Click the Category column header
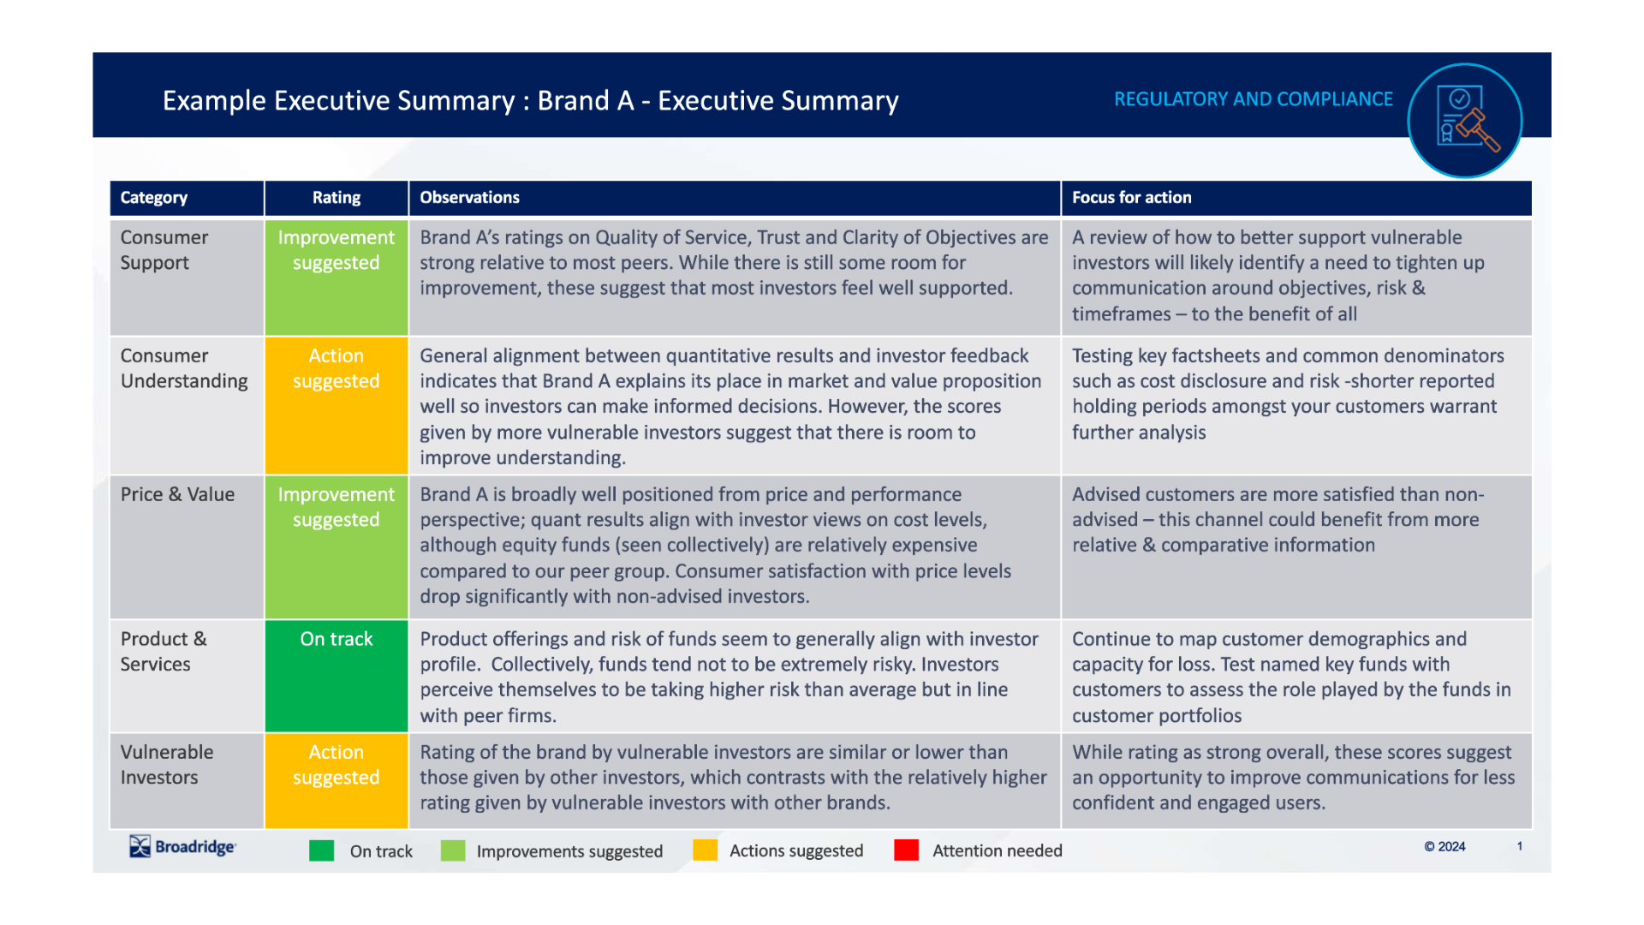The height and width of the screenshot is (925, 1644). point(154,198)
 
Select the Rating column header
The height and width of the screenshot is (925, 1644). point(337,198)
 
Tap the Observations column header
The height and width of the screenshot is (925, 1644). point(469,198)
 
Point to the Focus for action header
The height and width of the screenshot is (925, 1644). point(1131,198)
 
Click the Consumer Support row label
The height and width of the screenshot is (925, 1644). point(164,250)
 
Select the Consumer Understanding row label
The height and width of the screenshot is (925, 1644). point(184,368)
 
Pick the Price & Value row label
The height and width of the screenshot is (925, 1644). point(177,495)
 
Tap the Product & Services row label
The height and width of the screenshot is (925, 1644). point(164,652)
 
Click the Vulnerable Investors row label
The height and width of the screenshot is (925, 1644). point(167,765)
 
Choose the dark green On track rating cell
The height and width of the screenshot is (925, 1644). point(337,675)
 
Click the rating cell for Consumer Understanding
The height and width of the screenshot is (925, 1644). point(337,405)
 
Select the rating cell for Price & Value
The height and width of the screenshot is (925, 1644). point(337,546)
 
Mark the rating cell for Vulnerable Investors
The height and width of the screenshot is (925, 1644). point(337,780)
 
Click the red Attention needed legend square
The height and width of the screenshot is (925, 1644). point(906,850)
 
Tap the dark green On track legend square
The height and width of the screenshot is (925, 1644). point(322,850)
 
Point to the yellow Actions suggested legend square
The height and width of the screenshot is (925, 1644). point(705,850)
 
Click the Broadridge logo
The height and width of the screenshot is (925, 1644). point(182,847)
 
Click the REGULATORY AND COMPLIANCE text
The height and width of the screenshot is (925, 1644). point(1253,99)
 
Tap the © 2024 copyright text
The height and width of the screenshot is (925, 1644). point(1444,847)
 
